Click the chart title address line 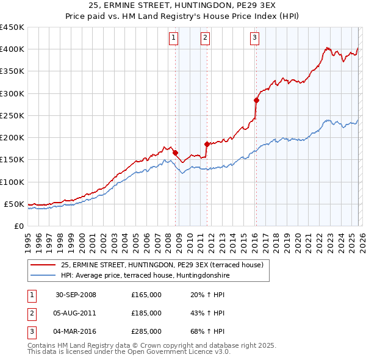tap(183, 5)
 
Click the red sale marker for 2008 tap(176, 153)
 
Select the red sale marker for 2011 tap(207, 144)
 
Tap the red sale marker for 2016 tap(256, 100)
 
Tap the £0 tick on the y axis tap(18, 226)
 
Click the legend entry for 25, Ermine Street tap(162, 265)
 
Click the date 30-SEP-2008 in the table tap(76, 295)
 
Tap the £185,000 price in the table tap(146, 313)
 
